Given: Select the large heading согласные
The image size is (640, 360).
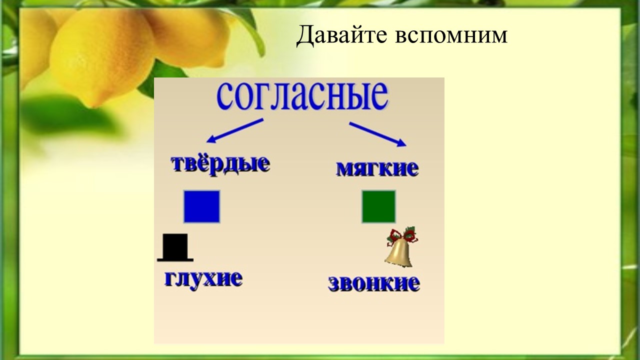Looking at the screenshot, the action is (x=302, y=96).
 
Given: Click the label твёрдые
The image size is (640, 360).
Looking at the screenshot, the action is (x=220, y=165).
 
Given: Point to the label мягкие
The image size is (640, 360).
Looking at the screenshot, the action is (x=377, y=169).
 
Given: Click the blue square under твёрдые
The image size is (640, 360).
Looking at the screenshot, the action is (x=201, y=206).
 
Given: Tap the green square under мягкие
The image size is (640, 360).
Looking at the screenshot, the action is (x=379, y=206).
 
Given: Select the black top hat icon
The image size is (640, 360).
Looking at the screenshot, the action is (x=175, y=247).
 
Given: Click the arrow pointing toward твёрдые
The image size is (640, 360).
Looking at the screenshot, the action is (x=234, y=130).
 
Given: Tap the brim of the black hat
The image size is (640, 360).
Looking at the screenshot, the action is (x=175, y=260).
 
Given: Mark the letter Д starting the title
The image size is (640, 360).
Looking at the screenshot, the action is (x=305, y=36).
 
